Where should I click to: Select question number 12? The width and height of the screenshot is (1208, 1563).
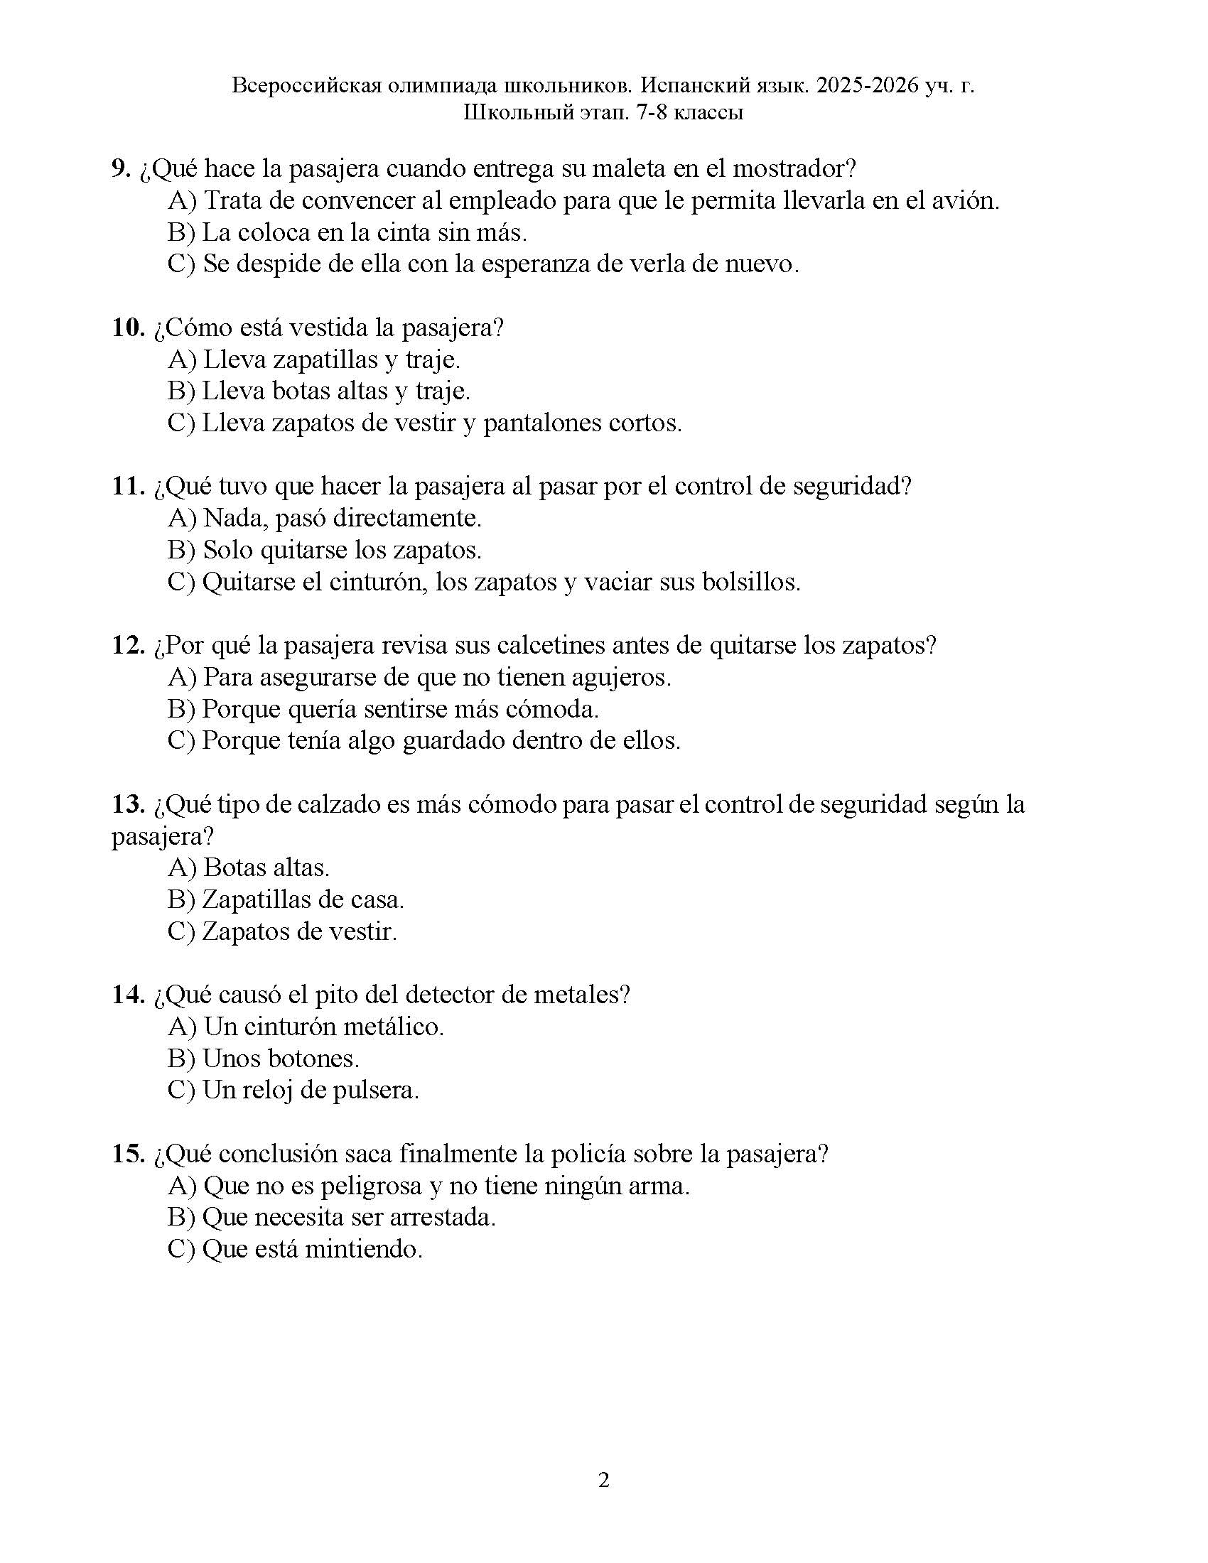tap(129, 646)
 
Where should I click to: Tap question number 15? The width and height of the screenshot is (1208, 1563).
tap(129, 1154)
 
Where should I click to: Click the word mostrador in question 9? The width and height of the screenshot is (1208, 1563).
tap(794, 169)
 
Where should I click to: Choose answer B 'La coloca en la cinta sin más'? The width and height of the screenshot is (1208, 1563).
tap(347, 232)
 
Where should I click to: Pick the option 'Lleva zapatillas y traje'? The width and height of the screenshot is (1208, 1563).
tap(314, 359)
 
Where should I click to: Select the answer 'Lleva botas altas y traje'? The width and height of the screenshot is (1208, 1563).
tap(318, 391)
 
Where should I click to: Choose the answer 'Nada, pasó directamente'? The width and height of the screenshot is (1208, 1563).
tap(324, 518)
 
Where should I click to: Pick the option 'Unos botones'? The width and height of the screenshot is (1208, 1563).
tap(264, 1059)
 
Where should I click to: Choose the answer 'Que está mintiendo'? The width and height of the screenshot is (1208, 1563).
tap(295, 1250)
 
